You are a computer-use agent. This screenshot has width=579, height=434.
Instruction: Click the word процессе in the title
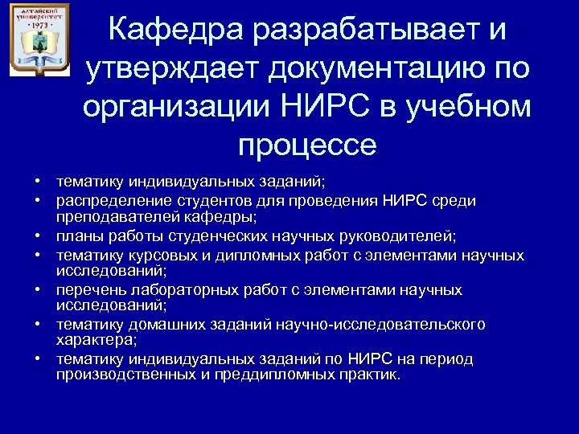307,145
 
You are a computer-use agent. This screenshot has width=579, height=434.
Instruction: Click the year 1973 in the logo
39,25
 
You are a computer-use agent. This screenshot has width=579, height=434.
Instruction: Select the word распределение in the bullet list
105,201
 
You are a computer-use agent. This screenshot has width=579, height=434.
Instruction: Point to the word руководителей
402,236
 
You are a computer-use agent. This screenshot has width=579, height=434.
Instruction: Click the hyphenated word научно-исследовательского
381,324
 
